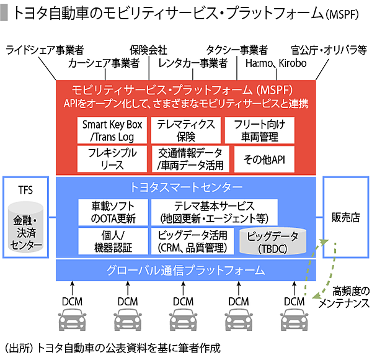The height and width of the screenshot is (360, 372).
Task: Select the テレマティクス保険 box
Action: pyautogui.click(x=185, y=130)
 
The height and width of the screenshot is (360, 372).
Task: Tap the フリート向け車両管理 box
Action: pyautogui.click(x=260, y=130)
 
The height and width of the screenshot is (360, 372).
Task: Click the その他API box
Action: pyautogui.click(x=260, y=159)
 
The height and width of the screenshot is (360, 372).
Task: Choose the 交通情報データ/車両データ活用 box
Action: pyautogui.click(x=186, y=159)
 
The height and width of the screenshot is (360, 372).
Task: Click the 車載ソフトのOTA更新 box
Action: pyautogui.click(x=112, y=212)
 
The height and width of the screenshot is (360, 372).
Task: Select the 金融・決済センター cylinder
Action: pyautogui.click(x=26, y=229)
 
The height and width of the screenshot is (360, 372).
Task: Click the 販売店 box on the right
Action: pyautogui.click(x=345, y=217)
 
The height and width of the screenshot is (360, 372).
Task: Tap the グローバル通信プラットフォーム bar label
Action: pyautogui.click(x=186, y=271)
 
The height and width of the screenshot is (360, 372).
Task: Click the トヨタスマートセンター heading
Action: pyautogui.click(x=186, y=186)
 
